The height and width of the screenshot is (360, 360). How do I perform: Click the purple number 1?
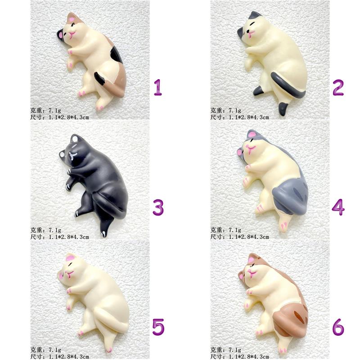pyautogui.click(x=158, y=87)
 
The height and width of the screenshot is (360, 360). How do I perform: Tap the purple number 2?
pyautogui.click(x=338, y=87)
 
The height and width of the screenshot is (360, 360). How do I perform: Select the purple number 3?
pyautogui.click(x=158, y=207)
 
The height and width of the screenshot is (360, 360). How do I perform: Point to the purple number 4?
pyautogui.click(x=338, y=207)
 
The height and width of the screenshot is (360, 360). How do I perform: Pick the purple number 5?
pyautogui.click(x=158, y=327)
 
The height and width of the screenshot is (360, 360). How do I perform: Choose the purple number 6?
pyautogui.click(x=338, y=327)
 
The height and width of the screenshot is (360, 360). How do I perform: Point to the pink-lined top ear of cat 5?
pyautogui.click(x=71, y=257)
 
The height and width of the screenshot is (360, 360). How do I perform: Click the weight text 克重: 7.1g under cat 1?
pyautogui.click(x=46, y=110)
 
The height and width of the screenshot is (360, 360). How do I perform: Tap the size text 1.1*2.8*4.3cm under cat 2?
pyautogui.click(x=249, y=117)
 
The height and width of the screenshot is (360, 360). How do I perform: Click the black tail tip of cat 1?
pyautogui.click(x=99, y=78)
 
